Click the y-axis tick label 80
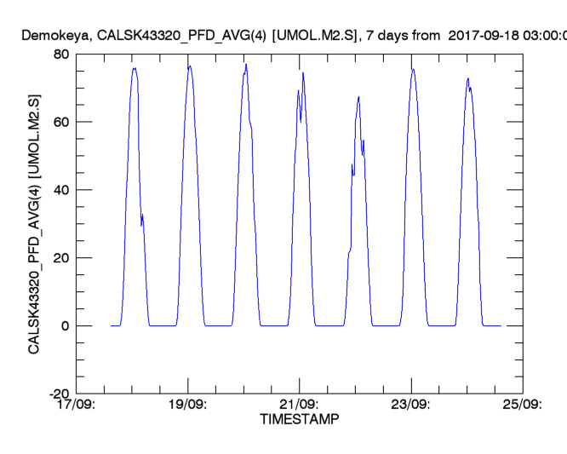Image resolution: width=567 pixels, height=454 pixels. (60, 54)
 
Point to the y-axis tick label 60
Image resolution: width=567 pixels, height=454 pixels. (60, 122)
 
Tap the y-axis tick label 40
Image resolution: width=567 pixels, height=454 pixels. (60, 190)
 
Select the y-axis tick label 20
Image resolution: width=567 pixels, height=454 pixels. (60, 258)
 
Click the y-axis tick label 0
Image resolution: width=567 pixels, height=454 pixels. (64, 326)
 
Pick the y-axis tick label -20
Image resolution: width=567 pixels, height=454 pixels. (56, 394)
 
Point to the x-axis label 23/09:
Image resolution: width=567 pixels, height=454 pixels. (410, 405)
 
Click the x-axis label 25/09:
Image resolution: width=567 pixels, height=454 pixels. (521, 405)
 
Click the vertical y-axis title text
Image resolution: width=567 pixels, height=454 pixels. (35, 223)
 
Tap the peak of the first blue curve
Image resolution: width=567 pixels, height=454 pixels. (135, 68)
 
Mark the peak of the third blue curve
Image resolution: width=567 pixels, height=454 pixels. (246, 64)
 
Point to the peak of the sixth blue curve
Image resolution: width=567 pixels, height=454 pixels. (413, 69)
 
